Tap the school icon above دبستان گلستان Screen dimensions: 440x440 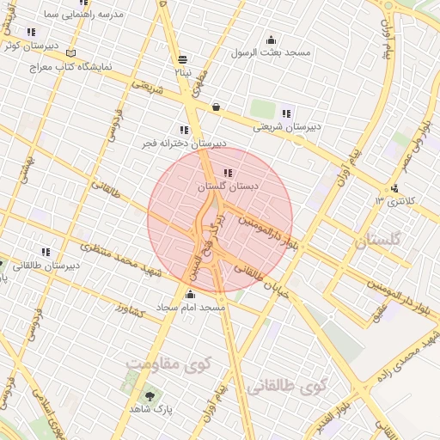[x=227, y=173]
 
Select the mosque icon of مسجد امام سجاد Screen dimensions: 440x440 [x=189, y=294]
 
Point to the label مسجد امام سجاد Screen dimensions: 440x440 [x=191, y=307]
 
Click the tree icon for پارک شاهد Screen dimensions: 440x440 [x=150, y=396]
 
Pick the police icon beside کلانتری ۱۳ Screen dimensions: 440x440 [x=394, y=188]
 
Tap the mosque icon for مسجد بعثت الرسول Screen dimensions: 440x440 [x=272, y=40]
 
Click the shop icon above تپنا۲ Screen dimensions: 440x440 [x=182, y=59]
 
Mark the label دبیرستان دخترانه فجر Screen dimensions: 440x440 [x=185, y=144]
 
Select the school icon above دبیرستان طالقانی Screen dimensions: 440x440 [x=46, y=252]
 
